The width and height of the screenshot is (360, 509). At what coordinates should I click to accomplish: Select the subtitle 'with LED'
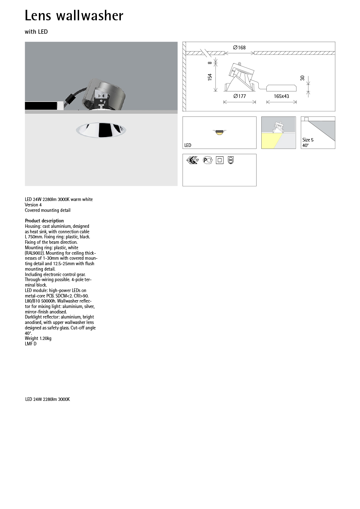pos(36,32)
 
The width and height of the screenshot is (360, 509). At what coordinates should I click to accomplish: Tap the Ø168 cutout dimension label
pos(240,48)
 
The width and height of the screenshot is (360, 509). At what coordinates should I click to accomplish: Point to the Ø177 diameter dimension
pos(240,96)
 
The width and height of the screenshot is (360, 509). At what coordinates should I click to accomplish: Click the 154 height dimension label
pos(210,77)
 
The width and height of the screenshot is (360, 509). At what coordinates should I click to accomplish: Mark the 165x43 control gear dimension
pos(281,96)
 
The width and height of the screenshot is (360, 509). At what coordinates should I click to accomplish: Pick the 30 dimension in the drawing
pos(302,78)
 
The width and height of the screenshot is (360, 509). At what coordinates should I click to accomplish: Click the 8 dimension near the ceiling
pos(210,63)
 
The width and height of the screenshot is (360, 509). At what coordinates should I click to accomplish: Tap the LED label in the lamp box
pos(188,145)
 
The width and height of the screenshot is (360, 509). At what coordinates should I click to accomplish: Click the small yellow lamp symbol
pos(219,132)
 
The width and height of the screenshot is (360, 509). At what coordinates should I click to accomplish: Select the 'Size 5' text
pos(308,140)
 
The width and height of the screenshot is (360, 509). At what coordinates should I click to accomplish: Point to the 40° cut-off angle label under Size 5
pos(305,145)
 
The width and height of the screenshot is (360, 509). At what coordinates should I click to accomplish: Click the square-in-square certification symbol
pos(220,160)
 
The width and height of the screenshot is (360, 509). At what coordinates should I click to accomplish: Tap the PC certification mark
pos(207,160)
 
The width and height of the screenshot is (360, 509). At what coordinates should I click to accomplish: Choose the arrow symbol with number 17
pos(192,160)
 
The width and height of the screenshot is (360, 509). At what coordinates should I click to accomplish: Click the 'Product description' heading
pos(44,221)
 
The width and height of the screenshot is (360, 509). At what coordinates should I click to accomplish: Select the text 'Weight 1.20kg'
pos(38,338)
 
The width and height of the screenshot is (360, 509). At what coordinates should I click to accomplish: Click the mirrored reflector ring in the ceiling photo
pos(101,130)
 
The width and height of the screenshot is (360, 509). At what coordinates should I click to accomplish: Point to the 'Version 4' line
pos(33,205)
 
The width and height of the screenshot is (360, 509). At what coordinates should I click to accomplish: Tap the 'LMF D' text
pos(30,344)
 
